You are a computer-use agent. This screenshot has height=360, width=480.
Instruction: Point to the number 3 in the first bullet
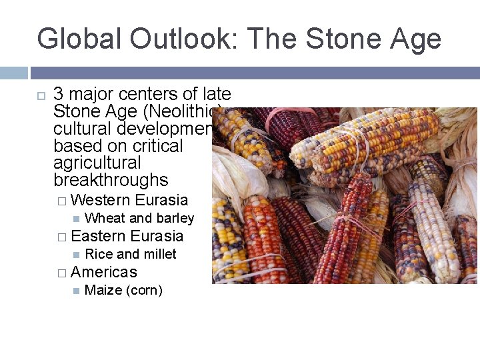click(x=58, y=94)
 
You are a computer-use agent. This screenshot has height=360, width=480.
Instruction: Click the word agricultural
click(x=97, y=163)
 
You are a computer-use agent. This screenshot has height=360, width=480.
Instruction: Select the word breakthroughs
click(x=111, y=180)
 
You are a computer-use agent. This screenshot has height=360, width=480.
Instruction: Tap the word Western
click(x=100, y=200)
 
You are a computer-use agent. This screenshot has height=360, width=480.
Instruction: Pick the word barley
click(x=175, y=218)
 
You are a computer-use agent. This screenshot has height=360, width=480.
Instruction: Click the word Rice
click(x=99, y=254)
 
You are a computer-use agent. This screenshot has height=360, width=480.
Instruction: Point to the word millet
click(x=159, y=254)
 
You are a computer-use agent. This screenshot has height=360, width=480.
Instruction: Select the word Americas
click(x=103, y=272)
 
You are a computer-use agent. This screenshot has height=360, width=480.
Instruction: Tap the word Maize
click(x=103, y=290)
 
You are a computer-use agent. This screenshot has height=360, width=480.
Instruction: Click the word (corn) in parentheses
click(x=143, y=290)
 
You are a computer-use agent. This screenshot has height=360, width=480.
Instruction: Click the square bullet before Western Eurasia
click(x=61, y=201)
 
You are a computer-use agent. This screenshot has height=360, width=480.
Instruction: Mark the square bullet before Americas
click(x=61, y=273)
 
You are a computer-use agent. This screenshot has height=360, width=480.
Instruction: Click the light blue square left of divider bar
click(x=13, y=73)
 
